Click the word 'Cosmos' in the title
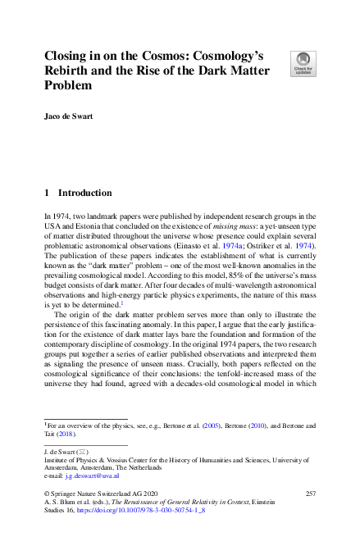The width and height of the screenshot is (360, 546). coord(144,55)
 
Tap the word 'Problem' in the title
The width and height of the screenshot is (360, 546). coord(69,85)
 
